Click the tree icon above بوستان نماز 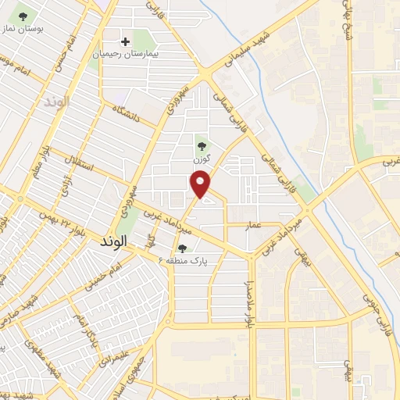tap(22, 15)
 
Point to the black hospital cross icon tap(125, 41)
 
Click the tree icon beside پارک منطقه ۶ tap(181, 247)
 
